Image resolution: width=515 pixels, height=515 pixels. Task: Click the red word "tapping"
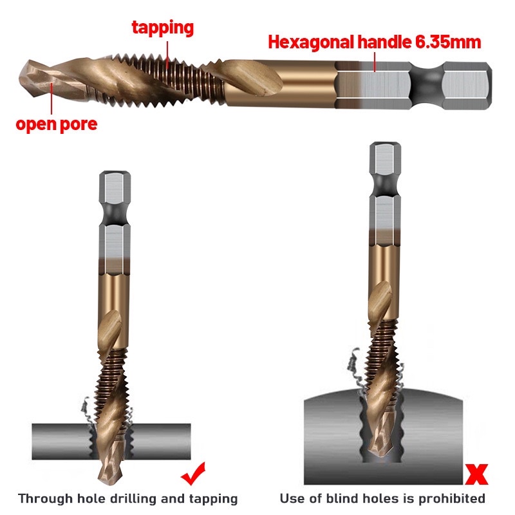pos(163,28)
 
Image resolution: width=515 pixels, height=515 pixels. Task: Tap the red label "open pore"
pos(57,124)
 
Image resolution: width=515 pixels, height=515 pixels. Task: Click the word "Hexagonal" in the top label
pos(308,43)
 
